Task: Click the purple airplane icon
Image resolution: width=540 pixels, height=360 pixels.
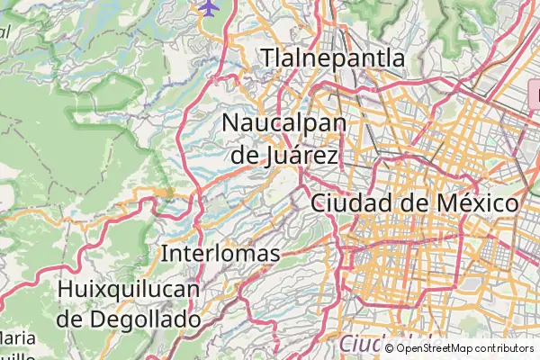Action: pos(210,7)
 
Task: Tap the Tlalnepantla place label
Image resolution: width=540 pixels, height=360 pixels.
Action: pos(333,58)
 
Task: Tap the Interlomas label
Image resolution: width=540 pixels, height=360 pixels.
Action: pos(220,254)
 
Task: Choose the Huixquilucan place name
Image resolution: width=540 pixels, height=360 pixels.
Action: pos(127,290)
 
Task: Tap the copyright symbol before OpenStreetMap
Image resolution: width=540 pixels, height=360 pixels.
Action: pos(389,348)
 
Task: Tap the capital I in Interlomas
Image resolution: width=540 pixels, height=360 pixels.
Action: pos(164,254)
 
